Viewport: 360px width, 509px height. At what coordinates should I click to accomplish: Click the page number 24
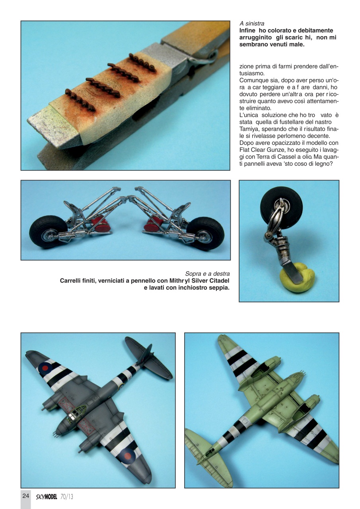[x=25, y=496]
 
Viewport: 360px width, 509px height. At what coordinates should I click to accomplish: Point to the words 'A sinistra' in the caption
[x=252, y=24]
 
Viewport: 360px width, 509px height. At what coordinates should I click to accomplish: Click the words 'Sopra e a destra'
[x=207, y=274]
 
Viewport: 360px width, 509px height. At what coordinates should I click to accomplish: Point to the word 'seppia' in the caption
[x=219, y=288]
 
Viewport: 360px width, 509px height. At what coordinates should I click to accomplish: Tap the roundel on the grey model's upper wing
[x=45, y=367]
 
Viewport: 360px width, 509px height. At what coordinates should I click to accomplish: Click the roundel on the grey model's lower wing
[x=128, y=454]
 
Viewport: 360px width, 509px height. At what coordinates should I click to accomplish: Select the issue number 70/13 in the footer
[x=67, y=496]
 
